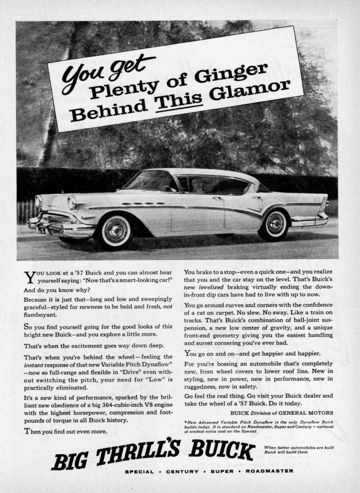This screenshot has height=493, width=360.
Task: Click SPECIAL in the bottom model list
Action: [x=140, y=471]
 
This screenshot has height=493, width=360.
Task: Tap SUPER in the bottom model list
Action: [x=222, y=471]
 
